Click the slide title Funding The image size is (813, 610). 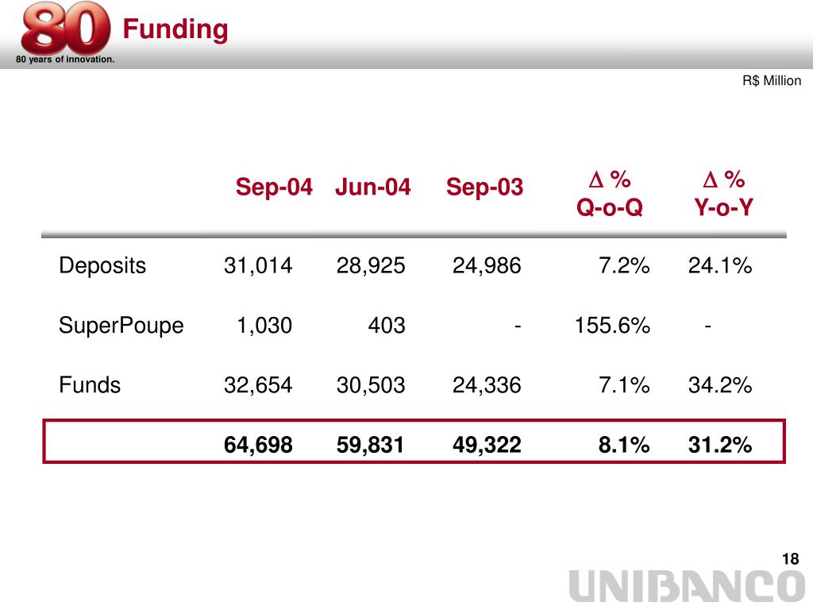click(x=175, y=29)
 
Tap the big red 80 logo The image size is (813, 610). click(x=65, y=29)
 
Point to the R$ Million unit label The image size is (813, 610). click(x=772, y=81)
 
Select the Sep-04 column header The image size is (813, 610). click(x=274, y=187)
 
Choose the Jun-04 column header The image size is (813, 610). click(x=373, y=187)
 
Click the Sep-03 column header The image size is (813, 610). click(x=484, y=187)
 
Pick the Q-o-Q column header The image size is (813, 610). click(x=609, y=208)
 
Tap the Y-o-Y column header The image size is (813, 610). click(x=723, y=208)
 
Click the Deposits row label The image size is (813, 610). click(x=102, y=265)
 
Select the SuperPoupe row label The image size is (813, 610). click(x=121, y=325)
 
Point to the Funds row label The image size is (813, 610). click(x=90, y=385)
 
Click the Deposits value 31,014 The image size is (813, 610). click(x=258, y=265)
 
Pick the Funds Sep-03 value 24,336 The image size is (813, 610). click(x=487, y=385)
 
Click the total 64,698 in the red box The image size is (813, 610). click(x=258, y=446)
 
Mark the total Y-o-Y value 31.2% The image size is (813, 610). click(x=720, y=446)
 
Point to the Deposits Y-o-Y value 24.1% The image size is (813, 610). click(x=720, y=265)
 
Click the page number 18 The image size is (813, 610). click(x=789, y=559)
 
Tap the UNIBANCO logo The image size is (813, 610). click(x=688, y=588)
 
